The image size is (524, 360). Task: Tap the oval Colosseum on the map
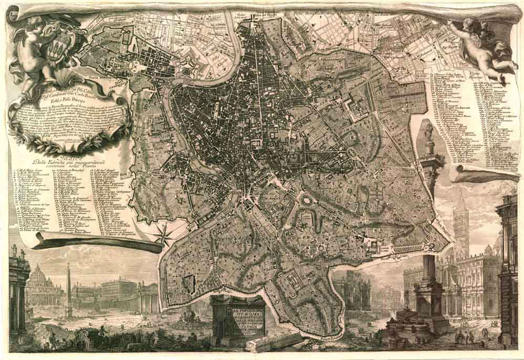pos(306,200)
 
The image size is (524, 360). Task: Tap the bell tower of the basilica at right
pos(460,221)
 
